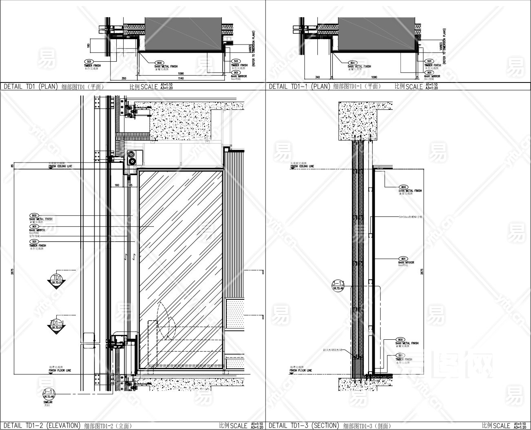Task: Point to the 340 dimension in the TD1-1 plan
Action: [x=317, y=77]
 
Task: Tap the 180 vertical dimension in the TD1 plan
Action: [x=88, y=46]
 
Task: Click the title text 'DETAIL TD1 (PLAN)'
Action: [x=31, y=87]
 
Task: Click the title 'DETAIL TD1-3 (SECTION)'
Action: [x=304, y=425]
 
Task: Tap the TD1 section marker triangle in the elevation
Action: [x=55, y=281]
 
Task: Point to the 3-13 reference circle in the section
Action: [x=339, y=285]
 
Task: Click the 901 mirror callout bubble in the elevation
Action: [x=34, y=226]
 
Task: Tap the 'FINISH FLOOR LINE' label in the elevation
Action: [x=60, y=370]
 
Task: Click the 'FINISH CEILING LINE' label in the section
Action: [x=302, y=166]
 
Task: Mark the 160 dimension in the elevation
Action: [x=117, y=185]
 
